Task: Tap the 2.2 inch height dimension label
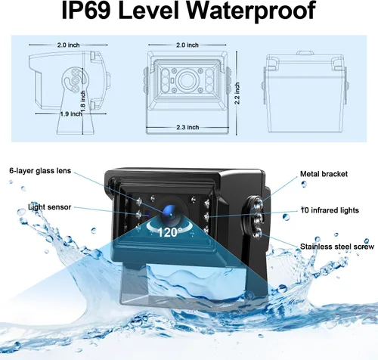coord(237,93)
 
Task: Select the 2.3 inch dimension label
coord(187,127)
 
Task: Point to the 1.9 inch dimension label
coord(71,114)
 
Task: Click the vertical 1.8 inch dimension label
coord(83,101)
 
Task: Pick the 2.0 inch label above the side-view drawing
coord(68,45)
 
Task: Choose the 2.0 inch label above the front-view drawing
coord(187,45)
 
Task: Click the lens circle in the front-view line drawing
coord(187,80)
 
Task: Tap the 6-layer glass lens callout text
coord(40,171)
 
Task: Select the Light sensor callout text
coord(50,207)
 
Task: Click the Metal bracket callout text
coord(324,174)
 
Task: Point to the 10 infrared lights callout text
coord(330,210)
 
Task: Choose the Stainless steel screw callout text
coord(337,247)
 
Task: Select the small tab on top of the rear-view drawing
coord(305,53)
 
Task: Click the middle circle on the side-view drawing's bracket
coord(76,80)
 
